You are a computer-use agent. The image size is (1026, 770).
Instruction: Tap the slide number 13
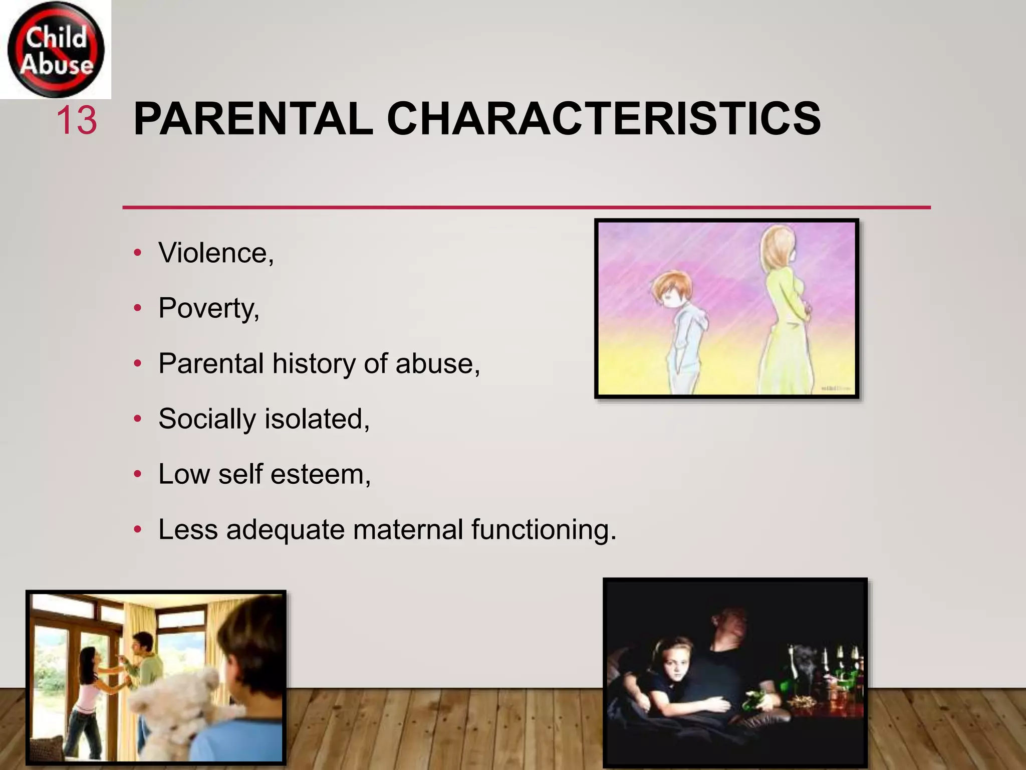coord(76,121)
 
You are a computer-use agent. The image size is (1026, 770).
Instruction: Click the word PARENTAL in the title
coord(253,119)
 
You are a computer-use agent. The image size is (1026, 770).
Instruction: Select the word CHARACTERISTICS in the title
coord(603,119)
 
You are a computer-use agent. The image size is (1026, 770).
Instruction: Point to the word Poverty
coord(207,308)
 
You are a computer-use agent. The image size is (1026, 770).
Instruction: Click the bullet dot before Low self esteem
coord(138,474)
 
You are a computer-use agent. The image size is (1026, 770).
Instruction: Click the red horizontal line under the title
coord(526,207)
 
